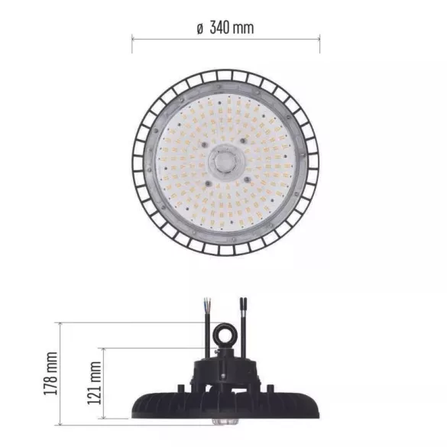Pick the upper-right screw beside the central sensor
(x=242, y=141)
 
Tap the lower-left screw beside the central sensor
(x=209, y=183)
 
